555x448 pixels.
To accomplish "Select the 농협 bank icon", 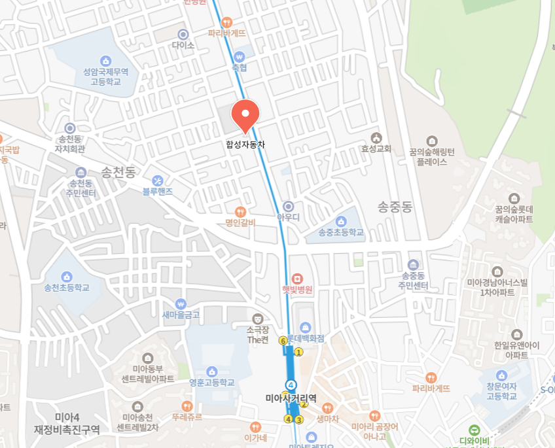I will tap(240, 56).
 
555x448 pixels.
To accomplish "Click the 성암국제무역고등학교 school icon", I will tap(106, 60).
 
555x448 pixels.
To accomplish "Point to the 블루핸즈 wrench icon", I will tap(158, 180).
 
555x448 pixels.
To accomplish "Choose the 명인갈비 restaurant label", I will tap(240, 222).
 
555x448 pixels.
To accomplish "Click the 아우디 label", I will tap(288, 216).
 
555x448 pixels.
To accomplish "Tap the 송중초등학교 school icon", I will tap(340, 221).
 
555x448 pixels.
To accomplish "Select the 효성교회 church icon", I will tap(376, 137).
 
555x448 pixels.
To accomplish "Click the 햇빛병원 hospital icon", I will tap(298, 279).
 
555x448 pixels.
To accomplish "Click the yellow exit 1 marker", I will tap(298, 353).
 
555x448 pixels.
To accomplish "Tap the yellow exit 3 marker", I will tap(298, 419).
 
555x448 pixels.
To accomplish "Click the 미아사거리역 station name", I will tap(291, 398).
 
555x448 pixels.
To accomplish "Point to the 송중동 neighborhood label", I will tap(395, 207).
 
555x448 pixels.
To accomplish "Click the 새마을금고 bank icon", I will tap(181, 303).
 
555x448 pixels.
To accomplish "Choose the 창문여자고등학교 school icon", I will tap(501, 375).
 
